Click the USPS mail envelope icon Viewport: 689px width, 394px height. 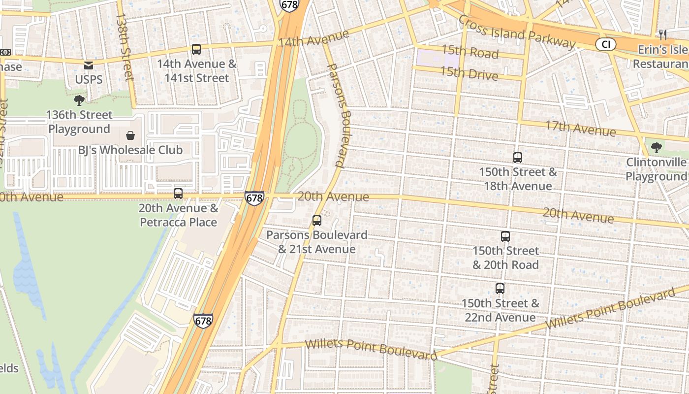pos(89,65)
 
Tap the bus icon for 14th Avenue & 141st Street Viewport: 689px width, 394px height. pos(196,49)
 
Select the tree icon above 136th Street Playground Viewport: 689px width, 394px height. pos(79,100)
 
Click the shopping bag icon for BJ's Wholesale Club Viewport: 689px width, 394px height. pos(130,135)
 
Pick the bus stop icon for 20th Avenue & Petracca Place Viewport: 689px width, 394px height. pos(178,194)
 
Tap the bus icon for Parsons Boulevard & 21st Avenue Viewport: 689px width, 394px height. pos(317,221)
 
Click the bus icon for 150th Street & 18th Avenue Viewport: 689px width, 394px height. pos(518,158)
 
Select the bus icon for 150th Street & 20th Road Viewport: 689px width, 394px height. pos(505,236)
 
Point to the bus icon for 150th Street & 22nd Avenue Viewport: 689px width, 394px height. pos(500,289)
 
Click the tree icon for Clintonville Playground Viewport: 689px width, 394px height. pos(656,147)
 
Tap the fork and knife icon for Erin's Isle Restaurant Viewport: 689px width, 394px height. pos(663,34)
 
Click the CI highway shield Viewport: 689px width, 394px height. pos(606,45)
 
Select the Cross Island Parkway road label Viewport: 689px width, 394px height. pos(516,32)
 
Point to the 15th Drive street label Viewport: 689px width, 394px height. pos(469,74)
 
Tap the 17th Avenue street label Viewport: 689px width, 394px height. pos(580,129)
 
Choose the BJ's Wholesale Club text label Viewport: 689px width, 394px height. pos(130,150)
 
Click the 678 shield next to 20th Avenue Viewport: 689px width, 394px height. pos(254,198)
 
